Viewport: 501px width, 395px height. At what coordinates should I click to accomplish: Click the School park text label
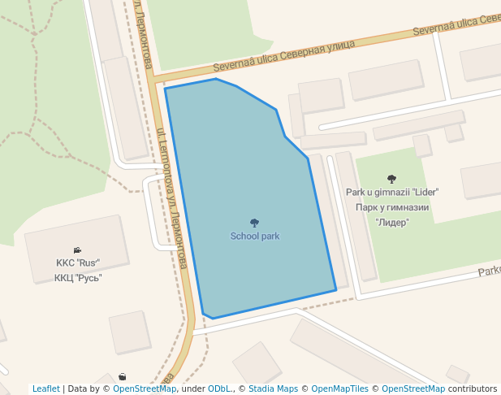click(255, 237)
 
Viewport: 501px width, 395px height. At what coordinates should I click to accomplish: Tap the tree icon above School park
click(254, 223)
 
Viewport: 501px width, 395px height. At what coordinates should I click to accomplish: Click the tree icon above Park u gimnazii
click(392, 179)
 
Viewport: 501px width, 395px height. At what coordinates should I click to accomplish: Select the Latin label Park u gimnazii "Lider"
click(392, 193)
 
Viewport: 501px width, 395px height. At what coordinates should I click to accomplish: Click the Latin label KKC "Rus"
click(77, 263)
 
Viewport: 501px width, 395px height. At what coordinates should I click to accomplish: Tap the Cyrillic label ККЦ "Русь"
click(78, 278)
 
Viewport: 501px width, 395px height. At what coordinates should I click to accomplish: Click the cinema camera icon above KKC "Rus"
click(77, 250)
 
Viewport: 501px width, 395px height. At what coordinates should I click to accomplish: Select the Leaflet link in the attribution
click(45, 388)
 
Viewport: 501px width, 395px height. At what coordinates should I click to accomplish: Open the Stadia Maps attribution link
click(274, 388)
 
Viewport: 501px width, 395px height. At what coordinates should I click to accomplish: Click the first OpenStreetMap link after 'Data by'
click(145, 388)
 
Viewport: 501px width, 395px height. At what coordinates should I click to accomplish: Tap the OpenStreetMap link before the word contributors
click(412, 388)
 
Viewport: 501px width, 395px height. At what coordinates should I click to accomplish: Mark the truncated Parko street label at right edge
click(489, 271)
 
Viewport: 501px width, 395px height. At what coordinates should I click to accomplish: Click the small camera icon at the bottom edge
click(122, 376)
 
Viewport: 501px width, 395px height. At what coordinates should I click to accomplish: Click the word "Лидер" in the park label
click(392, 222)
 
